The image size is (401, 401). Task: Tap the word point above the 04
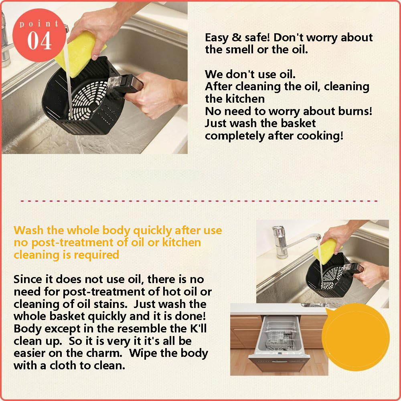[x=39, y=24]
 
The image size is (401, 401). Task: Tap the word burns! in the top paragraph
[x=348, y=111]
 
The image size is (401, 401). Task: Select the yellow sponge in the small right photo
[x=325, y=251]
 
